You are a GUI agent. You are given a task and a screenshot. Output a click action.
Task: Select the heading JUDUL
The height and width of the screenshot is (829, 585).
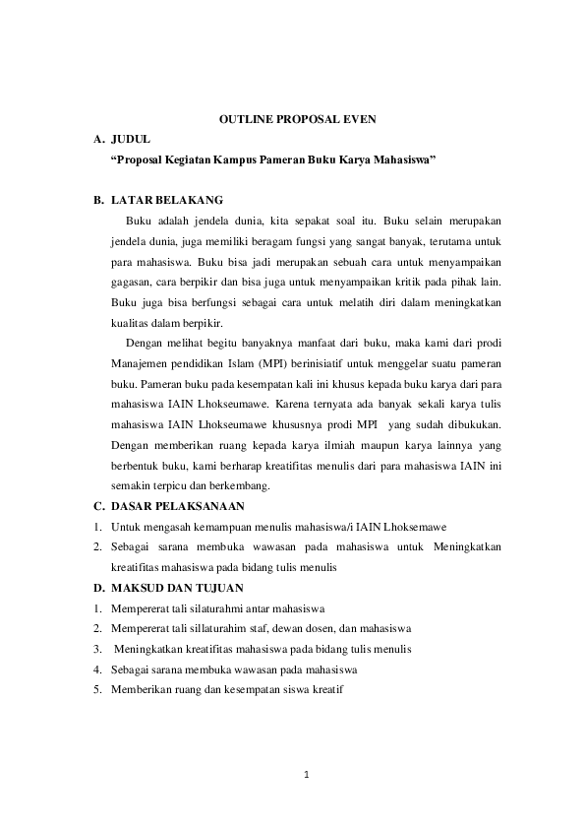131,139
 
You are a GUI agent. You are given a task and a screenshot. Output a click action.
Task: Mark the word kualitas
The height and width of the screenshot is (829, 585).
132,322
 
